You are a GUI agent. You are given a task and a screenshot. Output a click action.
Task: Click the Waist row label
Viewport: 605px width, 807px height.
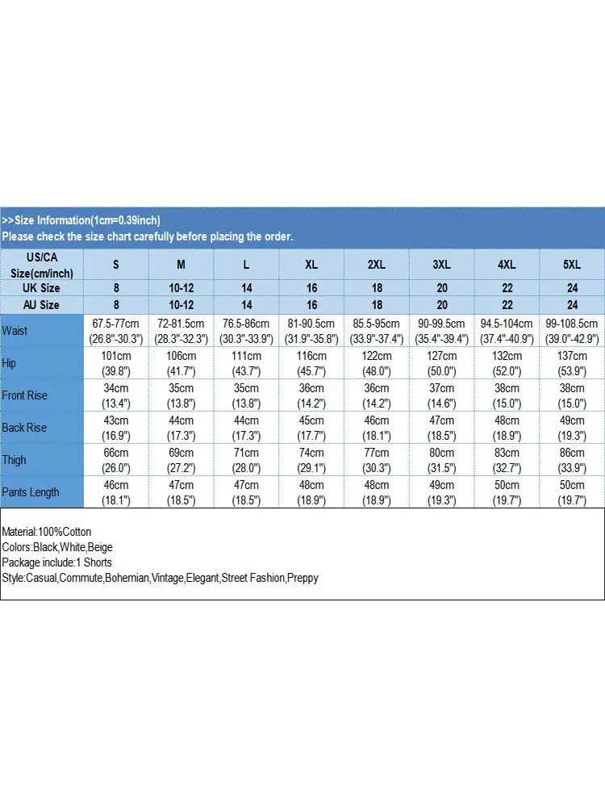(15, 331)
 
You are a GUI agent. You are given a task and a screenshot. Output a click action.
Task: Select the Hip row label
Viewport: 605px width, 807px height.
(10, 363)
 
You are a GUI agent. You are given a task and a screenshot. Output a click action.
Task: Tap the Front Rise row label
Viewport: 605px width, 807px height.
(25, 395)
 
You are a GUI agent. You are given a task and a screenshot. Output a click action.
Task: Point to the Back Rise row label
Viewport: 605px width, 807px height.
(24, 428)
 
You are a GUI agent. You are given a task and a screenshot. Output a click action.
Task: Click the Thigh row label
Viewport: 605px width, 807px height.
(14, 460)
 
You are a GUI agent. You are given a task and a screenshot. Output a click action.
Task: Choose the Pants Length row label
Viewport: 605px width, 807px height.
(31, 492)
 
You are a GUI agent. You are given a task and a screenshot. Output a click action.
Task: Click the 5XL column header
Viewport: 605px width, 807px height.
(572, 265)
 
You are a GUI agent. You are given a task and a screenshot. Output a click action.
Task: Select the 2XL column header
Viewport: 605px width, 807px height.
(377, 265)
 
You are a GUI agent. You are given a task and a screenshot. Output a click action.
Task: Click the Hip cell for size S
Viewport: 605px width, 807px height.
(116, 363)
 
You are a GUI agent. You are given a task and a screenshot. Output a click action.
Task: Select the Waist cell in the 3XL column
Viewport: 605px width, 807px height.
(442, 331)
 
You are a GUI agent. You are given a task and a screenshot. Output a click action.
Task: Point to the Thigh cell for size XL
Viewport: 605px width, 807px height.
(311, 460)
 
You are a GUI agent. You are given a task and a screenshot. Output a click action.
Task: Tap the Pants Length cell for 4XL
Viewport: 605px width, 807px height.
(507, 492)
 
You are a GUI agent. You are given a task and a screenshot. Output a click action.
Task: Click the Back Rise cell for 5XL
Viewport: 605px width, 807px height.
(572, 428)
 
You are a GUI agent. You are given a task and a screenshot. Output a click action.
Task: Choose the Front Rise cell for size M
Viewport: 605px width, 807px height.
(181, 395)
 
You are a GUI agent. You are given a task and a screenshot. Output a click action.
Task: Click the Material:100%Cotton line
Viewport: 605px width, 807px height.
(47, 532)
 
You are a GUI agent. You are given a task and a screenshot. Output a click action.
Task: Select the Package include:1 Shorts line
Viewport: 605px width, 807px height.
(57, 562)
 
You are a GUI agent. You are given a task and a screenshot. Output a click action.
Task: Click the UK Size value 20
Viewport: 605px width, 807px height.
(442, 288)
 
